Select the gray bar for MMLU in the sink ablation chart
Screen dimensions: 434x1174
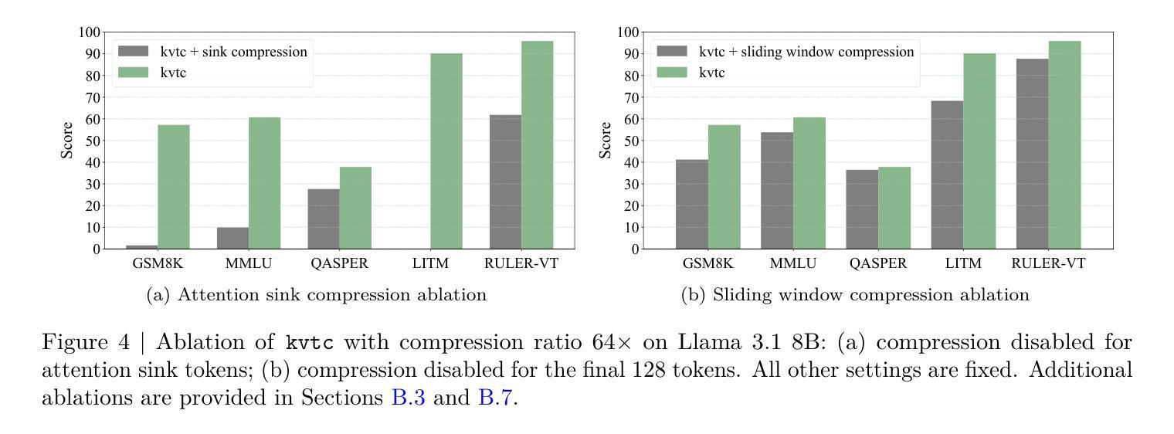point(232,238)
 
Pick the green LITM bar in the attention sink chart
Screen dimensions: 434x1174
point(446,151)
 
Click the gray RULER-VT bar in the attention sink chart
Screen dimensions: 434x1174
point(505,182)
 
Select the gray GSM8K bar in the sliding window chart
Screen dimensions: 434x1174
point(692,204)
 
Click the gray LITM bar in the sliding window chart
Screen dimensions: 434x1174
point(947,175)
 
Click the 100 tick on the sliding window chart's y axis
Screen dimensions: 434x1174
point(627,32)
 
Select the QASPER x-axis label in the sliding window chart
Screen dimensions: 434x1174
point(877,264)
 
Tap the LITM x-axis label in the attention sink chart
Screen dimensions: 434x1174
point(430,264)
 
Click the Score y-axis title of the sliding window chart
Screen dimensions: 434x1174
point(606,141)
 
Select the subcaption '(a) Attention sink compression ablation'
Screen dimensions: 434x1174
point(317,295)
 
